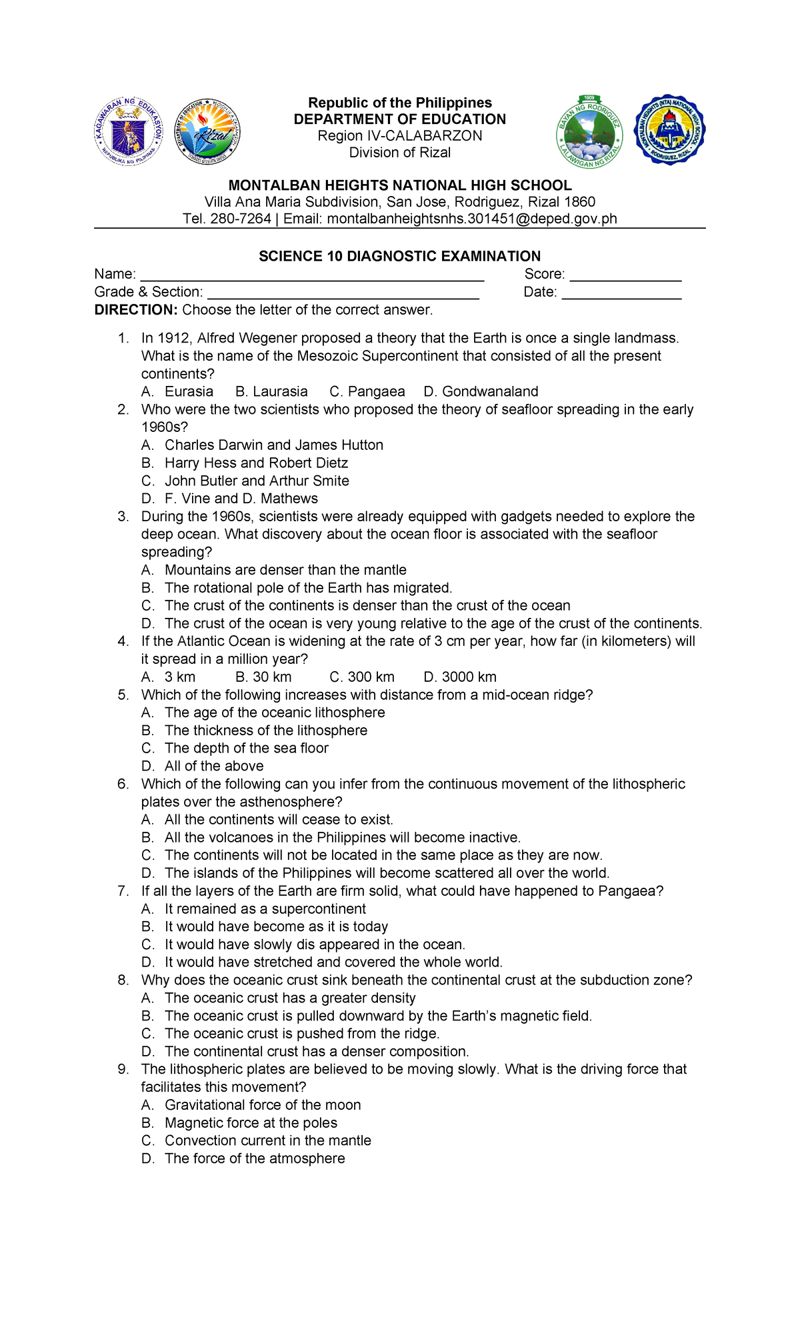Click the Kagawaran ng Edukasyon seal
pyautogui.click(x=128, y=131)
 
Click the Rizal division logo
pyautogui.click(x=207, y=131)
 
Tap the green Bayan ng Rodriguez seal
pyautogui.click(x=589, y=132)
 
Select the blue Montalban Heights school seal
pyautogui.click(x=669, y=130)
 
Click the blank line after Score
pyautogui.click(x=625, y=275)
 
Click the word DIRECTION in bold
pyautogui.click(x=136, y=310)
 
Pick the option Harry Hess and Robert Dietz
pyautogui.click(x=256, y=463)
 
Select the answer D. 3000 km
pyautogui.click(x=460, y=677)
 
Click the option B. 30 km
pyautogui.click(x=263, y=677)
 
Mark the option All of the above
pyautogui.click(x=214, y=766)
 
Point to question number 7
pyautogui.click(x=123, y=891)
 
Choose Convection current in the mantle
pyautogui.click(x=267, y=1140)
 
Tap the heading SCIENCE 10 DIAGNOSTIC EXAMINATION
pyautogui.click(x=399, y=257)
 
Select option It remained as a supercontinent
pyautogui.click(x=265, y=909)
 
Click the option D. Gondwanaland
pyautogui.click(x=481, y=392)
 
